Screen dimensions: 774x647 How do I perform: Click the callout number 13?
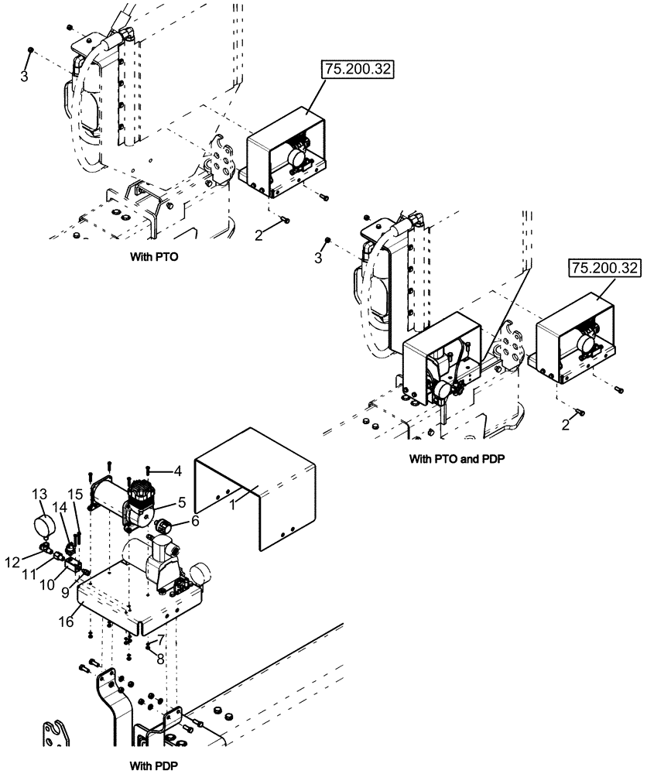[38, 495]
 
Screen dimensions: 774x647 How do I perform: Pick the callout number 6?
[195, 522]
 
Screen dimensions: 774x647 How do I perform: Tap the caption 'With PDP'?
[154, 763]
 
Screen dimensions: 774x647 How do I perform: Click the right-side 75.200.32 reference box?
[606, 269]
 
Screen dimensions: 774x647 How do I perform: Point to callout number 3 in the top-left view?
[24, 77]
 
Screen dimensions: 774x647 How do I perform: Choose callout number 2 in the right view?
[566, 425]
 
